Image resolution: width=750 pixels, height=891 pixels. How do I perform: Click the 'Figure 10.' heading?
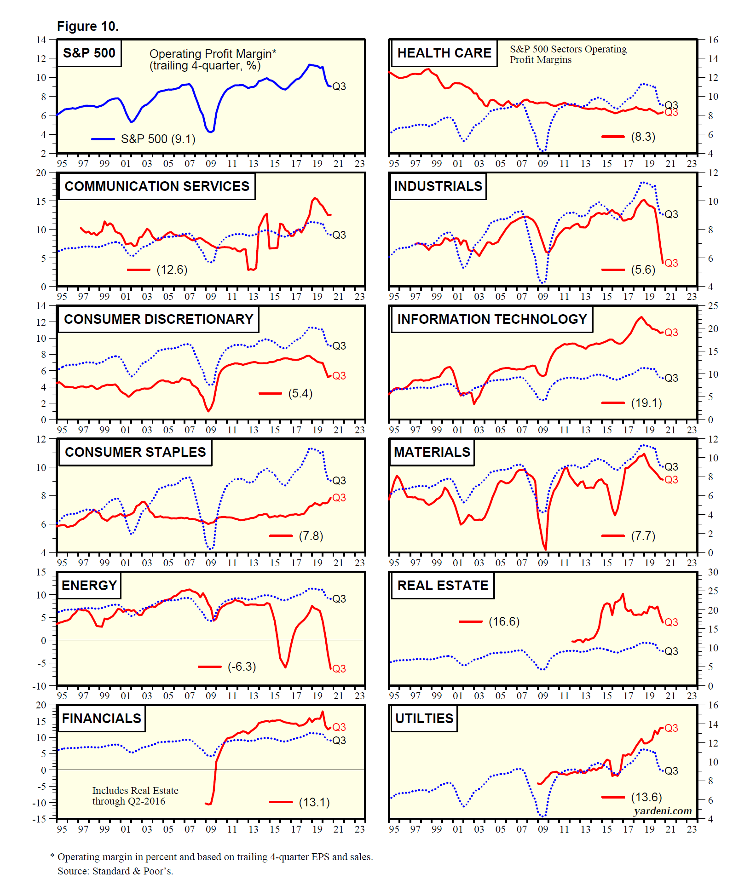(87, 27)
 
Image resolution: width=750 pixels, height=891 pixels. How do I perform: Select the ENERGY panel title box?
(89, 586)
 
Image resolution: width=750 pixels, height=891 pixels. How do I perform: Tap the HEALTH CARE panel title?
(444, 53)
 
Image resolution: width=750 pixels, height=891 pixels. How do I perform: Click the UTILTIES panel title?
(424, 719)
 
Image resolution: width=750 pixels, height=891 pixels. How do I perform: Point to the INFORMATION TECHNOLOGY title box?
(492, 319)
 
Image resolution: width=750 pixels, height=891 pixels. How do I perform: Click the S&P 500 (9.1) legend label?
(158, 139)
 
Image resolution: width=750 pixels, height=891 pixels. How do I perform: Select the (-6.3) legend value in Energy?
(242, 667)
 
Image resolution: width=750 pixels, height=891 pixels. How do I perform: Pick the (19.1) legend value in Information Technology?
(646, 403)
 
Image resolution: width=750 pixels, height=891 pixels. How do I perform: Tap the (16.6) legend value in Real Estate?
(504, 621)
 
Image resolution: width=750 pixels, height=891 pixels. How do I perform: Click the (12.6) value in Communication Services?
(172, 270)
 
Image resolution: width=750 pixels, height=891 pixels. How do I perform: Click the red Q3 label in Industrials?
(671, 263)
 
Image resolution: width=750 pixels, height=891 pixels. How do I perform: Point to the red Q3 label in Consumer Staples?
(339, 498)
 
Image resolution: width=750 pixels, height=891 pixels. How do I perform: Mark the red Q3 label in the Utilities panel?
(671, 728)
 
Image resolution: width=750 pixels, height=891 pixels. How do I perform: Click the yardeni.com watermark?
(663, 811)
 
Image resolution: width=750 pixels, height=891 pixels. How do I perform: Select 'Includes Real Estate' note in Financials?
(135, 791)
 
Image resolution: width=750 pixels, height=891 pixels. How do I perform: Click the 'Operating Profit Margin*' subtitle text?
(213, 54)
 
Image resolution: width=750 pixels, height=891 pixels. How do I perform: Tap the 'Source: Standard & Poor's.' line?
(115, 871)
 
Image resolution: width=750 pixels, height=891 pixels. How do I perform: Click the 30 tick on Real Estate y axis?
(713, 572)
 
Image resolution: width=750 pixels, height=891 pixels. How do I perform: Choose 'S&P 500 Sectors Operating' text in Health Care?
(568, 49)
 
